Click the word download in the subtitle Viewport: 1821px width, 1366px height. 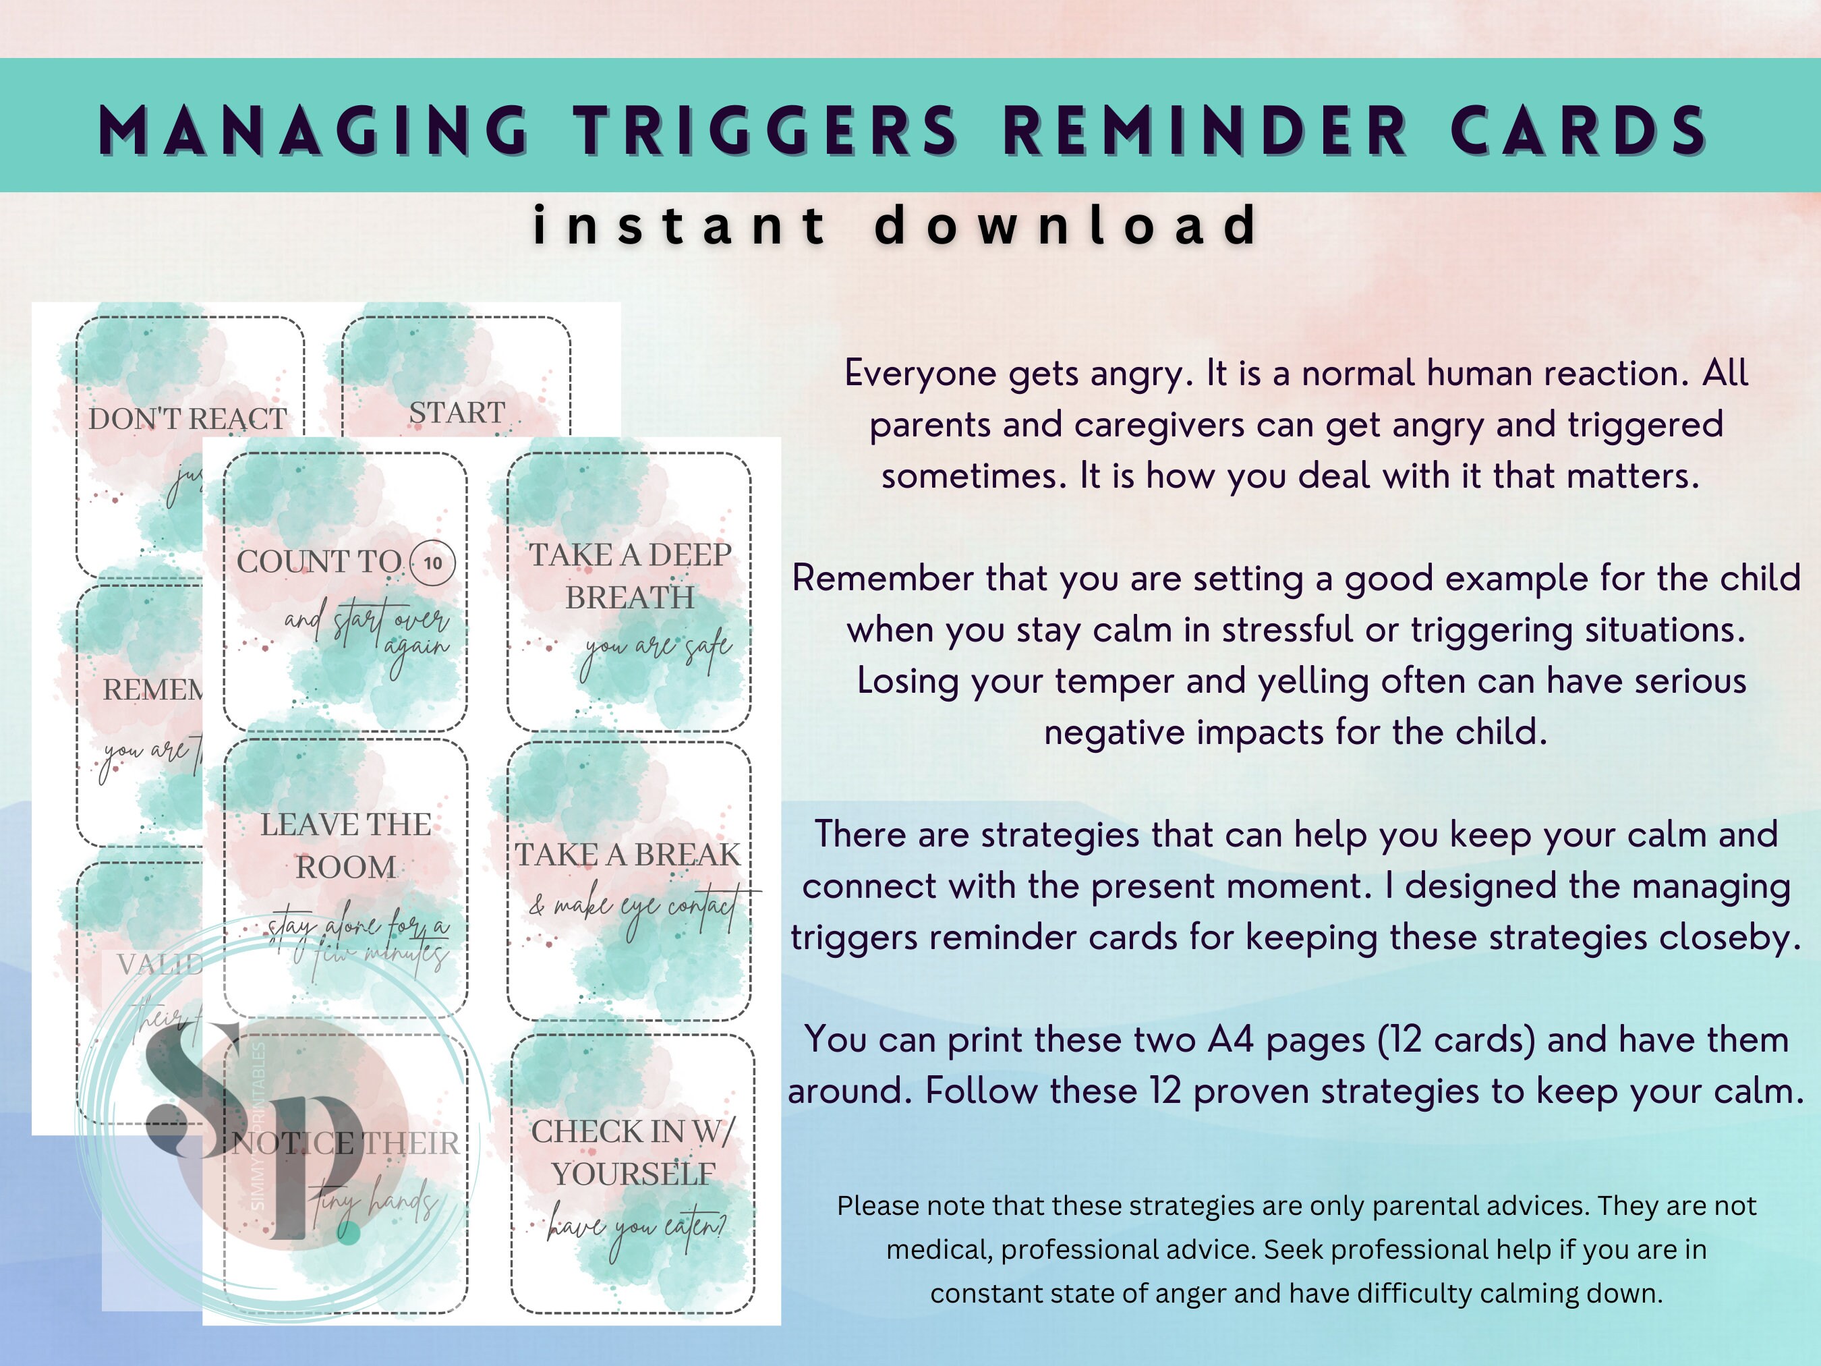coord(1066,225)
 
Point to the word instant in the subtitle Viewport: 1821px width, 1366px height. coord(679,225)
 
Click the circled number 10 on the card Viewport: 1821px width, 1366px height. coord(432,563)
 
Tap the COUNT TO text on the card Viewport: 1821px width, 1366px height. coord(320,561)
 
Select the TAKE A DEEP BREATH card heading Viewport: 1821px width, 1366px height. coord(630,575)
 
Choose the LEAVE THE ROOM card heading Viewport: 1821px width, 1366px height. coord(346,846)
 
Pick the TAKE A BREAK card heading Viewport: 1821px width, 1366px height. coord(628,855)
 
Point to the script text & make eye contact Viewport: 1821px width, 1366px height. coord(634,907)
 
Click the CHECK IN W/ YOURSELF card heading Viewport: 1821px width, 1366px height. coord(632,1153)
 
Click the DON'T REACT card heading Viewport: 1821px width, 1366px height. coord(187,419)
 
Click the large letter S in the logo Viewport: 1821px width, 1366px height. coord(191,1087)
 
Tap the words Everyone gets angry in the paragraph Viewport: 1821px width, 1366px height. coord(1018,373)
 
